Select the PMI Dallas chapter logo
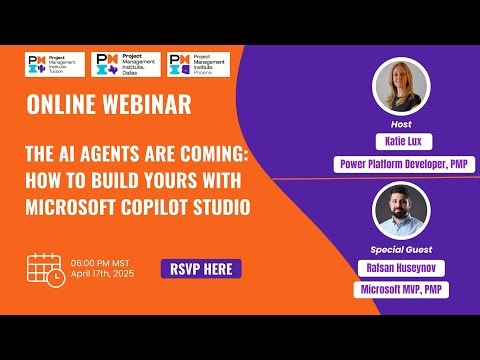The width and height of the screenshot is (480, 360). pyautogui.click(x=125, y=66)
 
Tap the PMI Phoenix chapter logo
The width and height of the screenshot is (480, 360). pyautogui.click(x=198, y=66)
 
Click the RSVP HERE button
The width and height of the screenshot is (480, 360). pyautogui.click(x=201, y=269)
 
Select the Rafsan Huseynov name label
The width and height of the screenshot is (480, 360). pyautogui.click(x=401, y=268)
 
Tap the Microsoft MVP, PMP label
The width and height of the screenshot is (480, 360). pyautogui.click(x=401, y=289)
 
